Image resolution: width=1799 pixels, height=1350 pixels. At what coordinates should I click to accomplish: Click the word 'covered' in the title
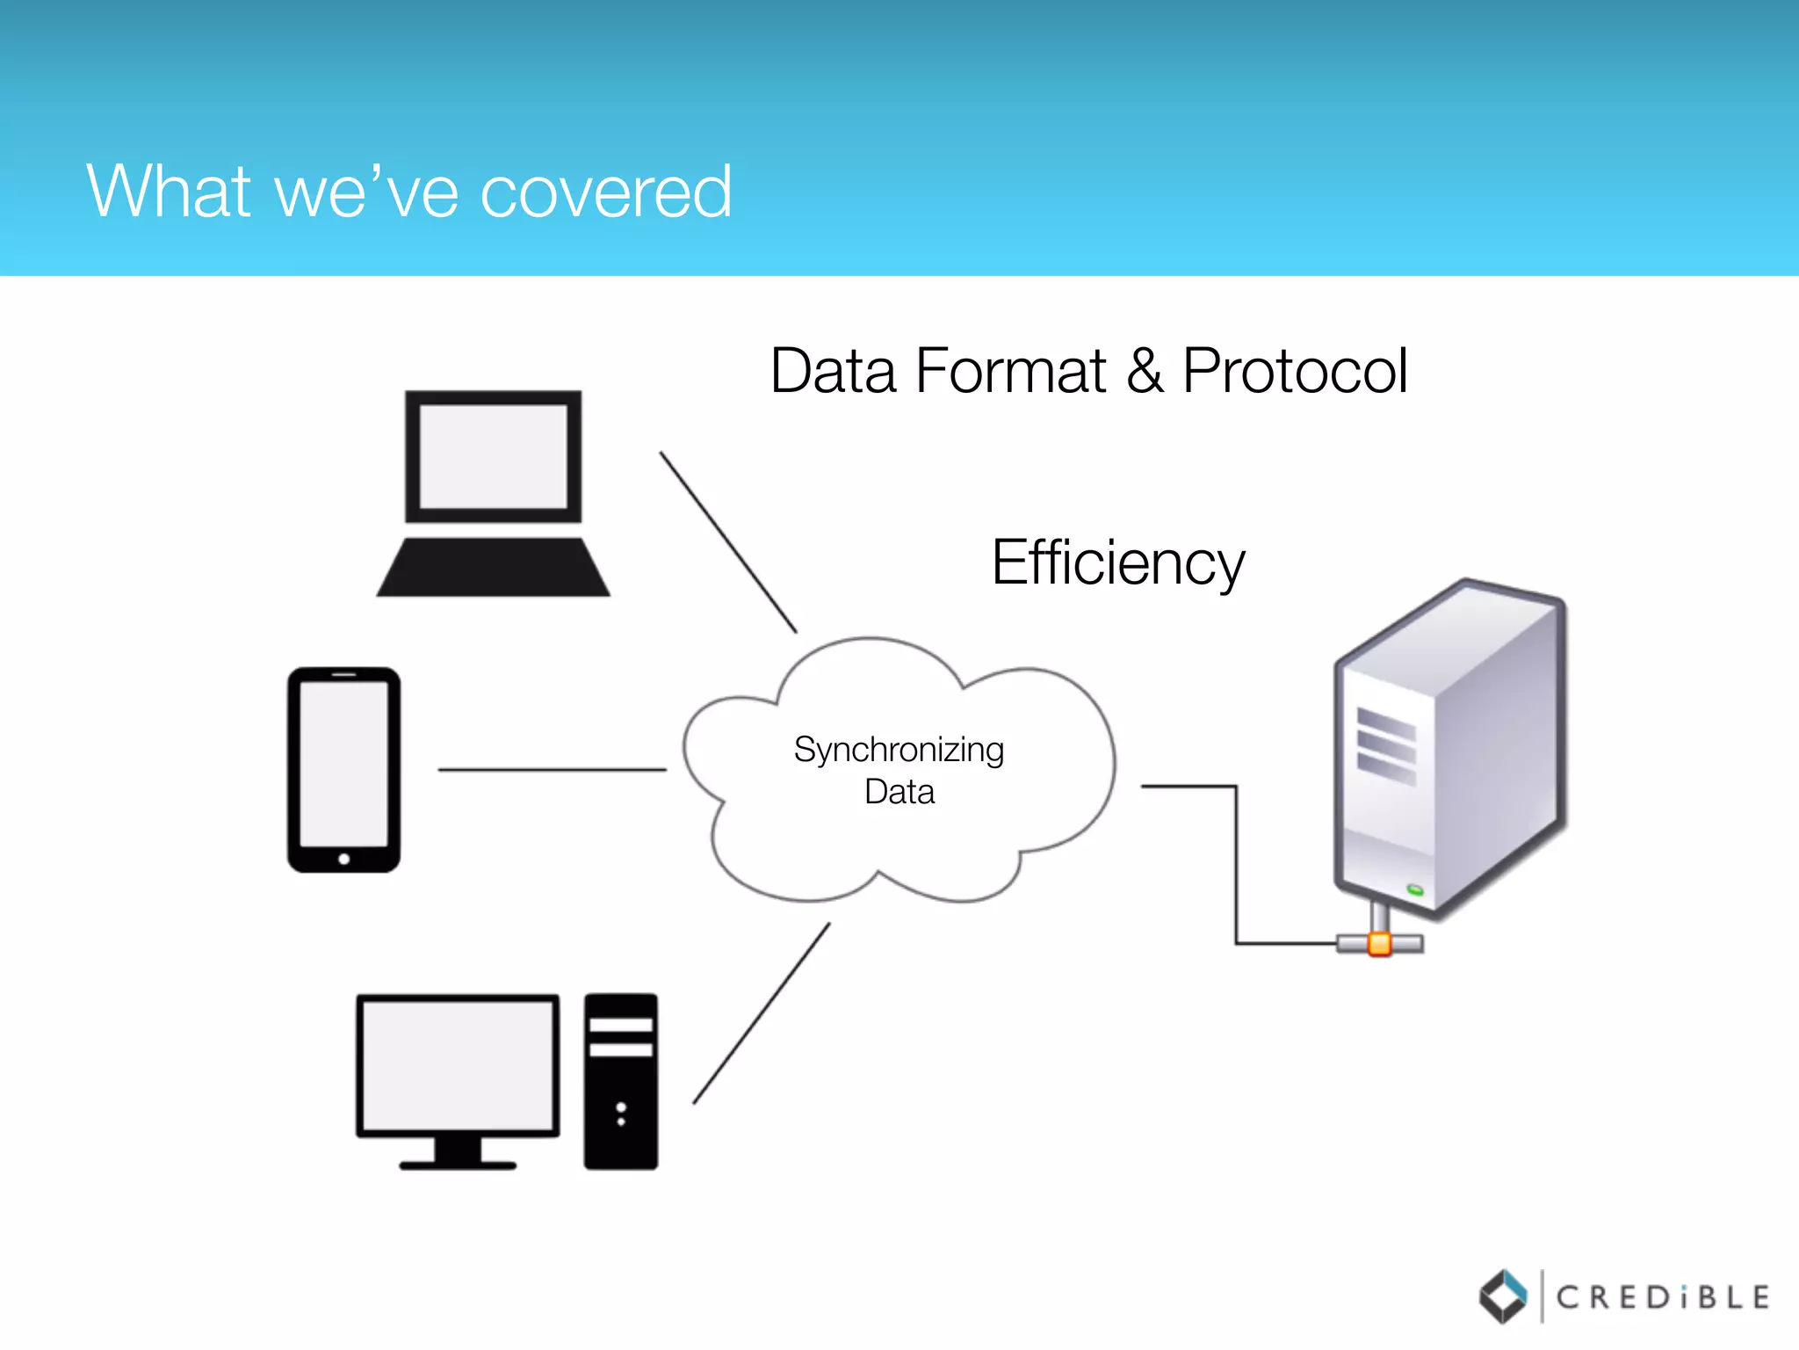pyautogui.click(x=605, y=192)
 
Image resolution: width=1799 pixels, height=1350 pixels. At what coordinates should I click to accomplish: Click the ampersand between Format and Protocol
pyautogui.click(x=1145, y=371)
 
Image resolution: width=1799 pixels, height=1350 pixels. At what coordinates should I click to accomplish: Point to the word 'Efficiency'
pyautogui.click(x=1117, y=562)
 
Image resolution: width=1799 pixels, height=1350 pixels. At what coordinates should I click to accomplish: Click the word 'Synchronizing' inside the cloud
pyautogui.click(x=899, y=750)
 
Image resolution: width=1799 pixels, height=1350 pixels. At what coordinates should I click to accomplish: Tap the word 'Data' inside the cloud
pyautogui.click(x=899, y=792)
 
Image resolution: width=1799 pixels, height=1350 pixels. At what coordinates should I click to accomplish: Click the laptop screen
pyautogui.click(x=493, y=456)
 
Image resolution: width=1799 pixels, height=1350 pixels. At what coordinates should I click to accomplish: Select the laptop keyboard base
pyautogui.click(x=493, y=569)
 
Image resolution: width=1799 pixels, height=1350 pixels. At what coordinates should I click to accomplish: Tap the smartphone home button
pyautogui.click(x=343, y=859)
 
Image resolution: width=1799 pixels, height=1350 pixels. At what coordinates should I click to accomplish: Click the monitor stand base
pyautogui.click(x=458, y=1165)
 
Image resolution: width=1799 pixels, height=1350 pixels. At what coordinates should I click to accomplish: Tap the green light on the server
pyautogui.click(x=1415, y=890)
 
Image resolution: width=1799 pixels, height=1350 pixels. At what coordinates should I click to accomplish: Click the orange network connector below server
pyautogui.click(x=1380, y=945)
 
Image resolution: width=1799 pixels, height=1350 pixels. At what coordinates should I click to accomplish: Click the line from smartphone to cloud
pyautogui.click(x=552, y=770)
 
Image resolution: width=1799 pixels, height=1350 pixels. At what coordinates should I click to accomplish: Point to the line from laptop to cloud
pyautogui.click(x=727, y=541)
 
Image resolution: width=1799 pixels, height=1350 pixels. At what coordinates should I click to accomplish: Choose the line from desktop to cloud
pyautogui.click(x=761, y=1013)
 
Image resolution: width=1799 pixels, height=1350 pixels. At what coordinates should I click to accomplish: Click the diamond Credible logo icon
pyautogui.click(x=1503, y=1296)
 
